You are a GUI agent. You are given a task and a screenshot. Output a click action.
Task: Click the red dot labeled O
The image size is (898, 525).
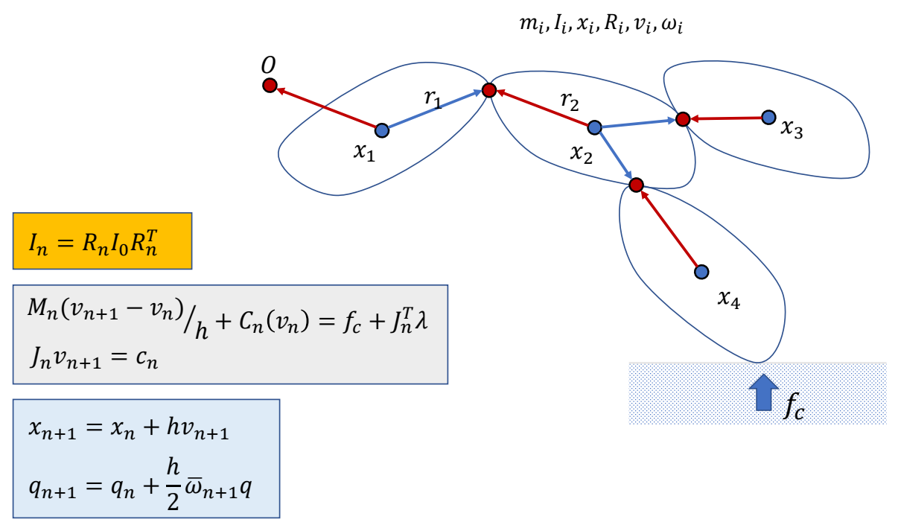point(270,86)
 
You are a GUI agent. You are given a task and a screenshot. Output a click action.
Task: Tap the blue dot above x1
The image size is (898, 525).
point(382,130)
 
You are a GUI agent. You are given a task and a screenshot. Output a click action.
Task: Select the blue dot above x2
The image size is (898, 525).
point(594,127)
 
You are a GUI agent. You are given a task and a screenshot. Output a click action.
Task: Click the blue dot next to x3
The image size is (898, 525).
point(769,117)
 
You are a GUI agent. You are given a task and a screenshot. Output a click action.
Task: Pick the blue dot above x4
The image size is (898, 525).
point(701,272)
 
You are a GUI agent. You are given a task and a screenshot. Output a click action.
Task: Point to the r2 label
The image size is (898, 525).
point(570,102)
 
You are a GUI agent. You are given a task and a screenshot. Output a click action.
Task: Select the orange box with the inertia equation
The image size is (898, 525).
point(103,241)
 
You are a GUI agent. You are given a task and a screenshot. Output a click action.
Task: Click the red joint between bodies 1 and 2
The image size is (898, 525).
point(489,90)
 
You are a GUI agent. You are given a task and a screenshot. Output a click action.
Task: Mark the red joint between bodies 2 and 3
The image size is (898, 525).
point(682,118)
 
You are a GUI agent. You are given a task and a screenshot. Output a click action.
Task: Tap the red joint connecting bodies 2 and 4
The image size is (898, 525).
point(636,184)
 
